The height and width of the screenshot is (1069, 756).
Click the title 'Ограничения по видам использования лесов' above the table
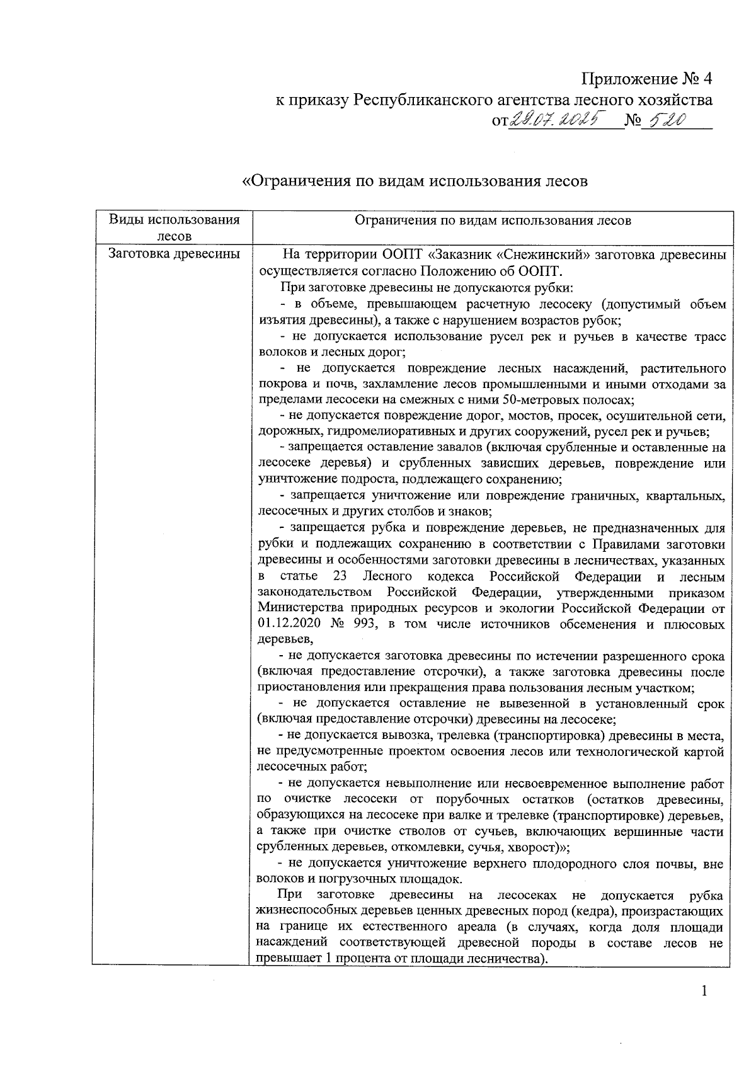tap(415, 181)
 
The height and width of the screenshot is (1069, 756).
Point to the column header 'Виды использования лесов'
tap(174, 227)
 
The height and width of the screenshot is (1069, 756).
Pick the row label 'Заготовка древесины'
tap(174, 254)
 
